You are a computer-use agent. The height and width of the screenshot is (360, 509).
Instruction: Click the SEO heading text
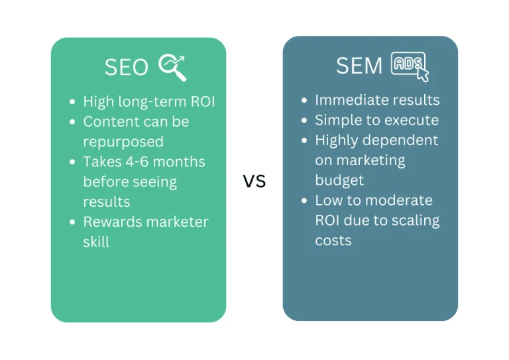pyautogui.click(x=127, y=67)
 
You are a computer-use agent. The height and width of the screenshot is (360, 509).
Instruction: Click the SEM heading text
pyautogui.click(x=359, y=66)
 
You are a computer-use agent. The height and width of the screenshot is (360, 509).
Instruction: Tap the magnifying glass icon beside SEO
pyautogui.click(x=172, y=67)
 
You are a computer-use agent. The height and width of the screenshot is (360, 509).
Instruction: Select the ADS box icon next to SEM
pyautogui.click(x=408, y=63)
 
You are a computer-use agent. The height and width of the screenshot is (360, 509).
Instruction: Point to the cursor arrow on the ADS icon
pyautogui.click(x=422, y=74)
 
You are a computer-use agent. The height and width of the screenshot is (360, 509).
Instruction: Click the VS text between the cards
pyautogui.click(x=254, y=181)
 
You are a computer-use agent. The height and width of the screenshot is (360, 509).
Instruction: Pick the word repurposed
pyautogui.click(x=123, y=142)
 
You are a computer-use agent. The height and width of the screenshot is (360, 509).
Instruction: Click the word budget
pyautogui.click(x=339, y=180)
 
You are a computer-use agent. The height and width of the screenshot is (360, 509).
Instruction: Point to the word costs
pyautogui.click(x=333, y=241)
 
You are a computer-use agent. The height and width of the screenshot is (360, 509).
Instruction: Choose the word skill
pyautogui.click(x=96, y=242)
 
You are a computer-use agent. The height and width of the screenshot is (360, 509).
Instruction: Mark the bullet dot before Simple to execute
pyautogui.click(x=304, y=121)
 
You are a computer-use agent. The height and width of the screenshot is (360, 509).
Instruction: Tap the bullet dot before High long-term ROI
pyautogui.click(x=72, y=102)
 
